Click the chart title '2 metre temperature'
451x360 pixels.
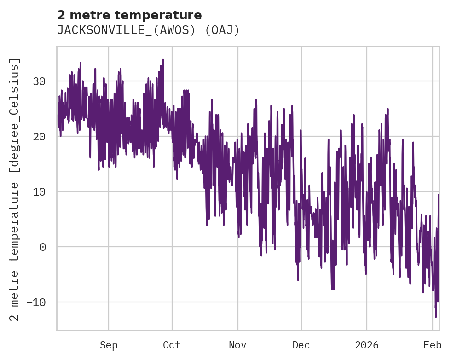pyautogui.click(x=129, y=15)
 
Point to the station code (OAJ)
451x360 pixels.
pyautogui.click(x=222, y=30)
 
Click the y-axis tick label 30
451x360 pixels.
pyautogui.click(x=40, y=81)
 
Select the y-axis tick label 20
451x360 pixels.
pyautogui.click(x=40, y=137)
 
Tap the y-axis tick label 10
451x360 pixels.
pyautogui.click(x=40, y=192)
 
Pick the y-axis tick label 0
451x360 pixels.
pyautogui.click(x=43, y=247)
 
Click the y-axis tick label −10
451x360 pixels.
pyautogui.click(x=36, y=302)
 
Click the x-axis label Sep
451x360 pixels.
pyautogui.click(x=109, y=345)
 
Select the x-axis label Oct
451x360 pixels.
pyautogui.click(x=172, y=345)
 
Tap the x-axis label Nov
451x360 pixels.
pyautogui.click(x=238, y=345)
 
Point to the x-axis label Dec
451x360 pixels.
pyautogui.click(x=301, y=345)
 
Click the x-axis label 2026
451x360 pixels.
pyautogui.click(x=367, y=345)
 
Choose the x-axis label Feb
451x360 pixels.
pyautogui.click(x=433, y=345)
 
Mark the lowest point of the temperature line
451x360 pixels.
pyautogui.click(x=436, y=317)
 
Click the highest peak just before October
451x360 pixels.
pyautogui.click(x=163, y=59)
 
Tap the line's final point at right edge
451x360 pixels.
pyautogui.click(x=439, y=195)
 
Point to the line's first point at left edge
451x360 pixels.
pyautogui.click(x=58, y=115)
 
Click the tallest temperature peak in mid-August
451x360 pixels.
pyautogui.click(x=80, y=63)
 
